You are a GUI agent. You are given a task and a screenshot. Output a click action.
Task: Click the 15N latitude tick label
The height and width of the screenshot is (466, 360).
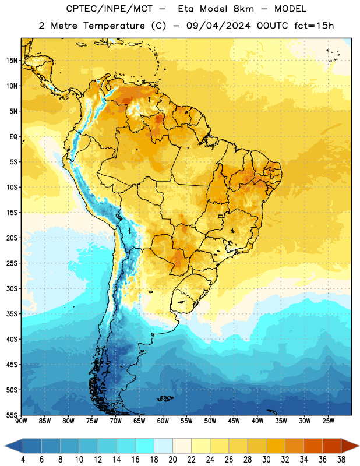[x=12, y=61]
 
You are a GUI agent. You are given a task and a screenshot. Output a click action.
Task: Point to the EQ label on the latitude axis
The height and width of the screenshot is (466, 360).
[x=13, y=137]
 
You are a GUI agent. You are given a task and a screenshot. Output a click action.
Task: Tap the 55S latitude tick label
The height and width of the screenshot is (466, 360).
[x=12, y=415]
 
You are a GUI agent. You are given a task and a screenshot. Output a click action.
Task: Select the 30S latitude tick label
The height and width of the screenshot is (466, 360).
[x=12, y=288]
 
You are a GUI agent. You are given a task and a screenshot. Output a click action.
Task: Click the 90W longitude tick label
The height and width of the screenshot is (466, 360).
[x=21, y=421]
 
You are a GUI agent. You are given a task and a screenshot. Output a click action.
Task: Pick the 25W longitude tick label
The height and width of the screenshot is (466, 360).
[x=328, y=421]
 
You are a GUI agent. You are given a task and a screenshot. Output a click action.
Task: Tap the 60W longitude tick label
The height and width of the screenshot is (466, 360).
[x=163, y=421]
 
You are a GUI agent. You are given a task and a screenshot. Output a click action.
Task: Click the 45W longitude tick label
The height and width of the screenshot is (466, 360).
[x=234, y=421]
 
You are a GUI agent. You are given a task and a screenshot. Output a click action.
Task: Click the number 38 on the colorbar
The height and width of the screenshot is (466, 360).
[x=341, y=460]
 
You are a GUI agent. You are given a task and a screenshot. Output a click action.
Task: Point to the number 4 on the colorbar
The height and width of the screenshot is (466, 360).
[x=23, y=460]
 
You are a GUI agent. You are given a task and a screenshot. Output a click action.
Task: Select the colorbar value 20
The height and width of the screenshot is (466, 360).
[x=172, y=460]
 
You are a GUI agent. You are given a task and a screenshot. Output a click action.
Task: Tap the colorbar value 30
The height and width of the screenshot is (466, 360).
[x=266, y=460]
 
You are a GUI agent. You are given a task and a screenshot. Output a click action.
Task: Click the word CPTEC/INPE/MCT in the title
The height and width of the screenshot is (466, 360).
[x=109, y=9]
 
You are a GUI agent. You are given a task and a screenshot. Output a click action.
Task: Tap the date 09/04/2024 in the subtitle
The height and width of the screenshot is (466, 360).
[x=218, y=26]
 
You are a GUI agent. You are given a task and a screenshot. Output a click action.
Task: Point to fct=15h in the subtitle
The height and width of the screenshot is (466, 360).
[x=314, y=26]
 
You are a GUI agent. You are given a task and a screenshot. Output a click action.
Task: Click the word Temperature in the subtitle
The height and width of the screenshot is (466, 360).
[x=114, y=26]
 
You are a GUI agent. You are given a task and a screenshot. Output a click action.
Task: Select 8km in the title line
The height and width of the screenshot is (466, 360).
[x=243, y=9]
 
